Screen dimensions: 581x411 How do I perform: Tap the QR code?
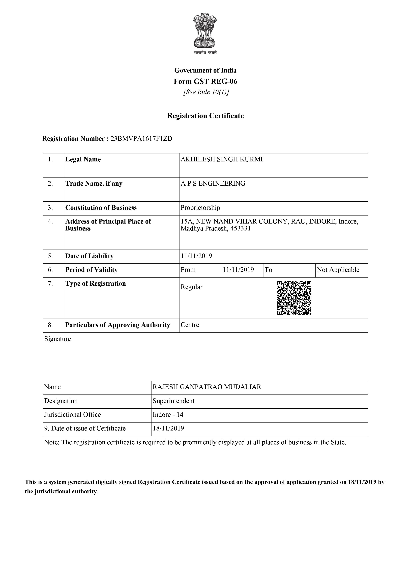294,298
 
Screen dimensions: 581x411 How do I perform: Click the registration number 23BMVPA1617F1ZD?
142,139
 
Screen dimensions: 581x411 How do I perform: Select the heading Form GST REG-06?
205,81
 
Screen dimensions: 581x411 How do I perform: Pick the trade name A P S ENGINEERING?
213,183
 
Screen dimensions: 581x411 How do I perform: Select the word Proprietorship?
200,208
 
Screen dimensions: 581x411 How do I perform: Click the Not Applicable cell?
338,270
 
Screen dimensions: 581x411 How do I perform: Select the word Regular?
191,287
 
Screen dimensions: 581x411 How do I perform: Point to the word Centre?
190,325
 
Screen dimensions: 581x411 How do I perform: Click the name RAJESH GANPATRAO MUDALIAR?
207,387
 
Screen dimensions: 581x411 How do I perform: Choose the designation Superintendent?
174,401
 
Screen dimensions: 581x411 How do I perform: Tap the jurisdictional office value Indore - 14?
168,414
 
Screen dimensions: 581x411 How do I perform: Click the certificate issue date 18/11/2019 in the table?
168,428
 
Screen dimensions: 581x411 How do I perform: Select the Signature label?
58,339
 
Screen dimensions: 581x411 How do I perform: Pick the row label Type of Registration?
95,283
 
